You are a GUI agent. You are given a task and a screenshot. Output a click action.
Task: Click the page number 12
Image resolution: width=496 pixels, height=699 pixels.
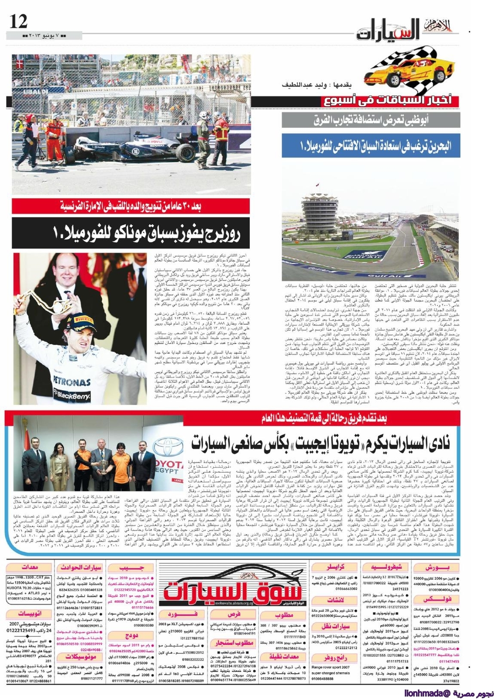pos(18,21)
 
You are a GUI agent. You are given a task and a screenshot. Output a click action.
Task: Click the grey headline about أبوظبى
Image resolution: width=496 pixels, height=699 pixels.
pos(371,120)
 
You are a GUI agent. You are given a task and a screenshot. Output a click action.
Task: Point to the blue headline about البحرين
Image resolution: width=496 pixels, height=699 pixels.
pos(371,145)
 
